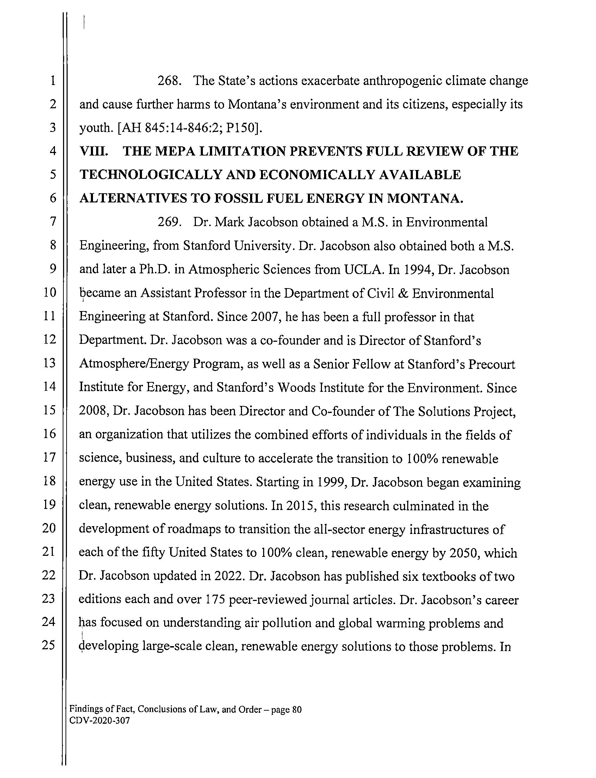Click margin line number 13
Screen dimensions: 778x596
tap(49, 363)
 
